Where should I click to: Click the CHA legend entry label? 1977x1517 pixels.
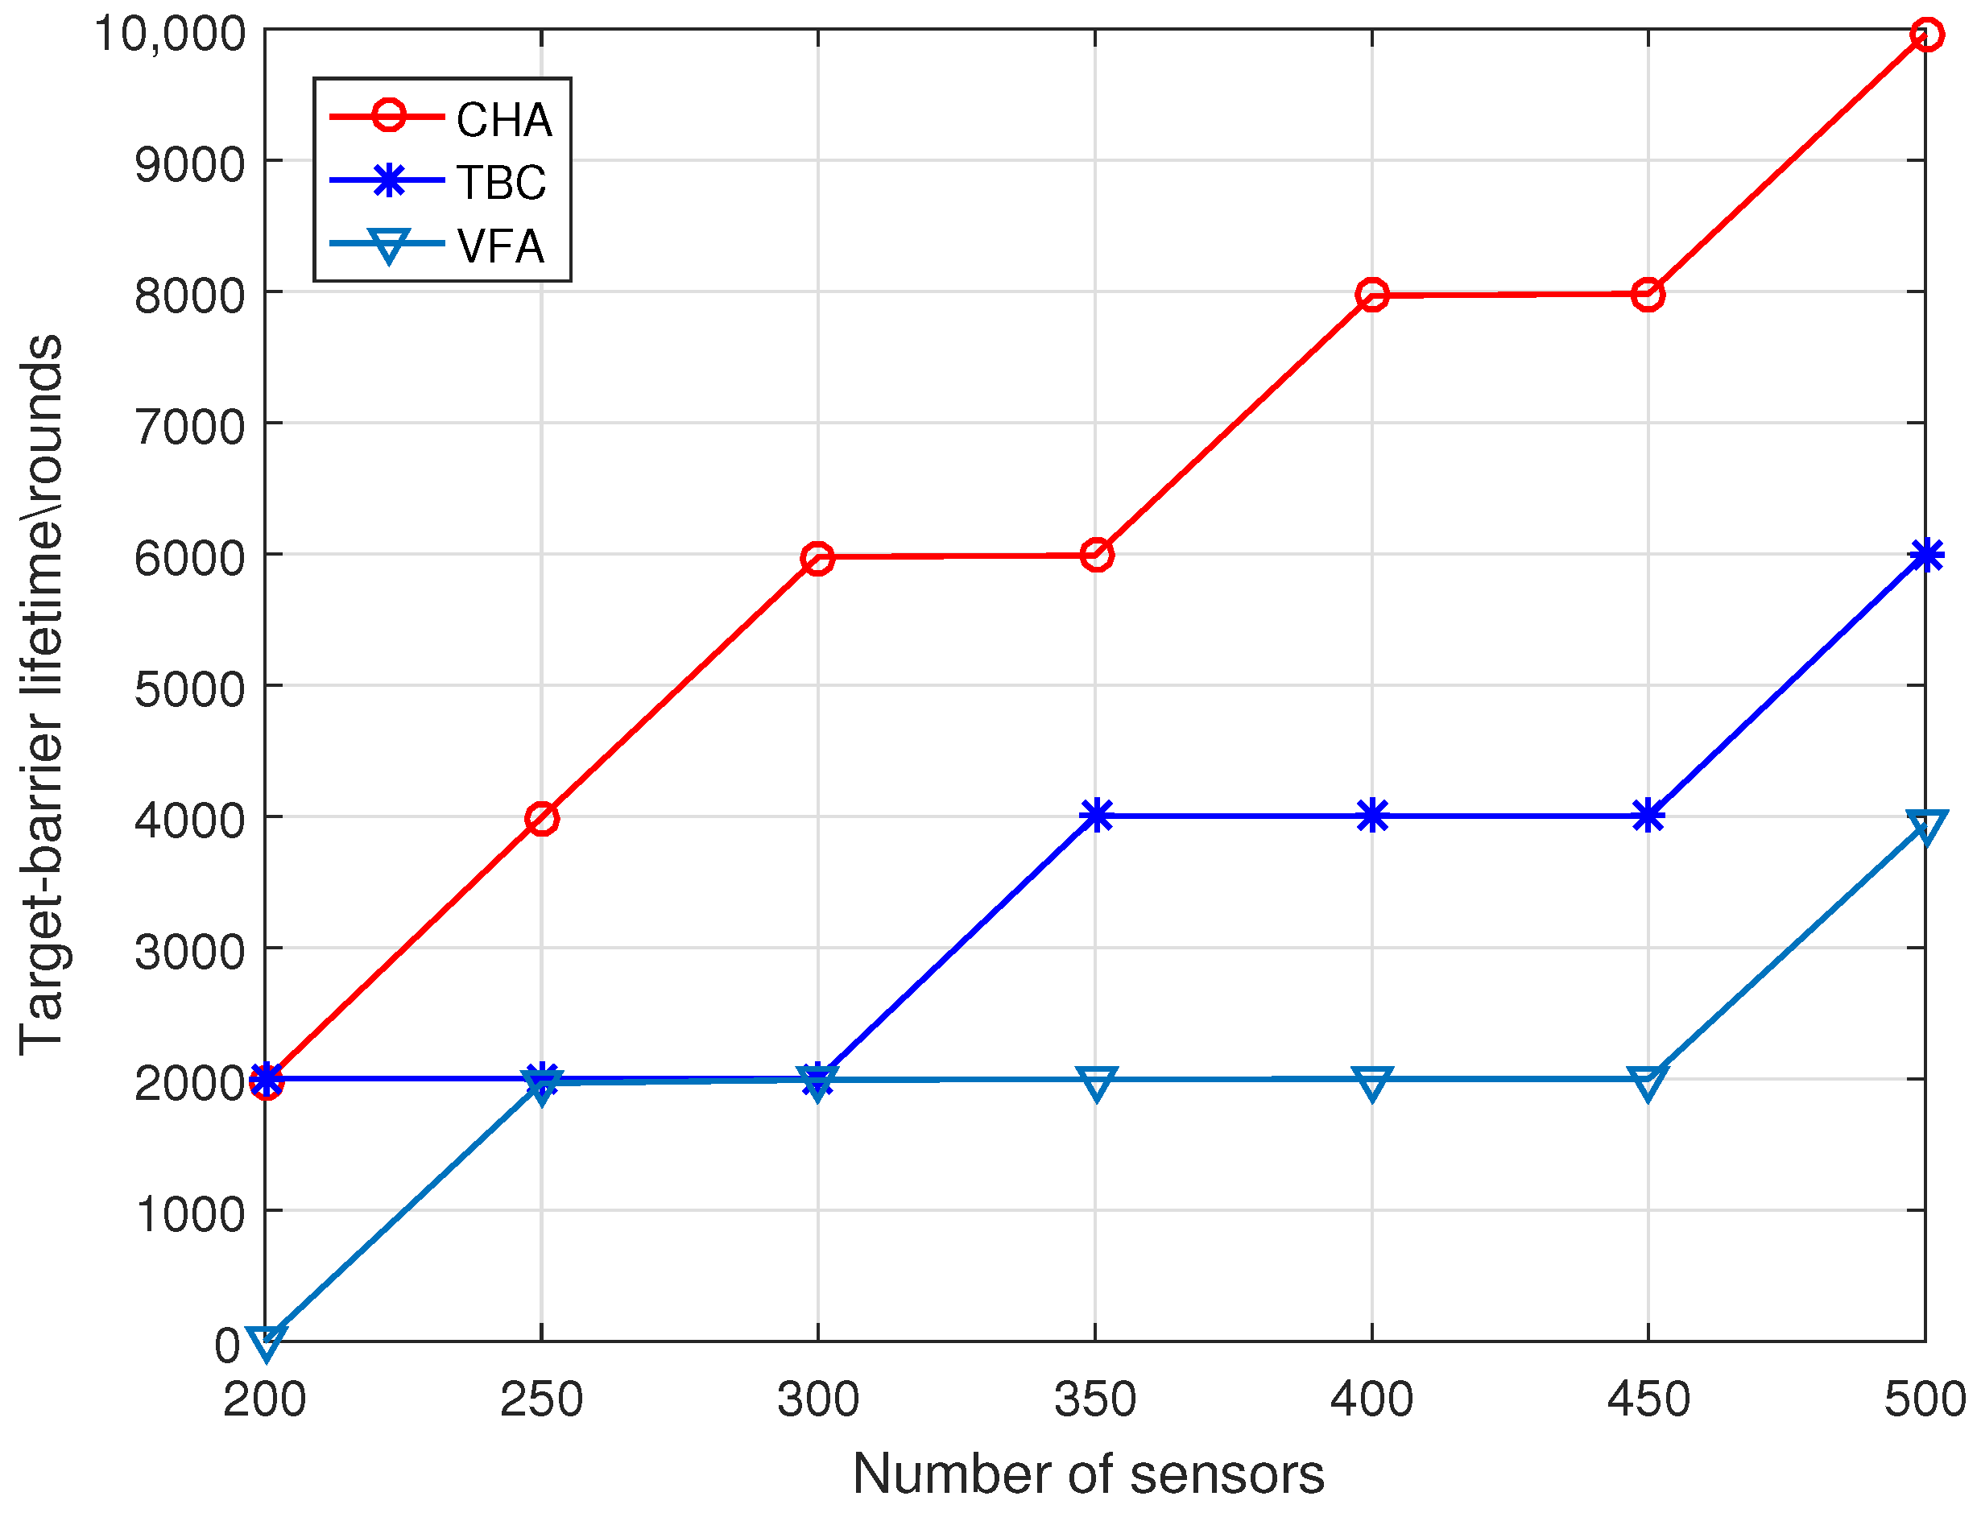coord(503,120)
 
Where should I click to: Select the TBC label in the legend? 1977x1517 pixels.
coord(501,184)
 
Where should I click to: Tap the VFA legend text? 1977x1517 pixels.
coord(500,246)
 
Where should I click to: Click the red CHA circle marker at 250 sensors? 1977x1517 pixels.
coord(542,819)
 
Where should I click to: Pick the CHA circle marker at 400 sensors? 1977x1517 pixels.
coord(1372,295)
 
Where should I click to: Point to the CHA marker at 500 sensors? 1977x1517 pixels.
coord(1925,35)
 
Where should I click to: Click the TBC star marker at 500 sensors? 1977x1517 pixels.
coord(1925,556)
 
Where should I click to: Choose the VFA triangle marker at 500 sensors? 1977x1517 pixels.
coord(1925,826)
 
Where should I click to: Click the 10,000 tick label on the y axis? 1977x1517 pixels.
coord(170,35)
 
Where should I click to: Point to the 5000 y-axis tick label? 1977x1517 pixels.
coord(190,690)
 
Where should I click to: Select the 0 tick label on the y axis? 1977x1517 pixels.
coord(228,1345)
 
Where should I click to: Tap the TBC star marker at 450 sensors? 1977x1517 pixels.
coord(1648,816)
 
